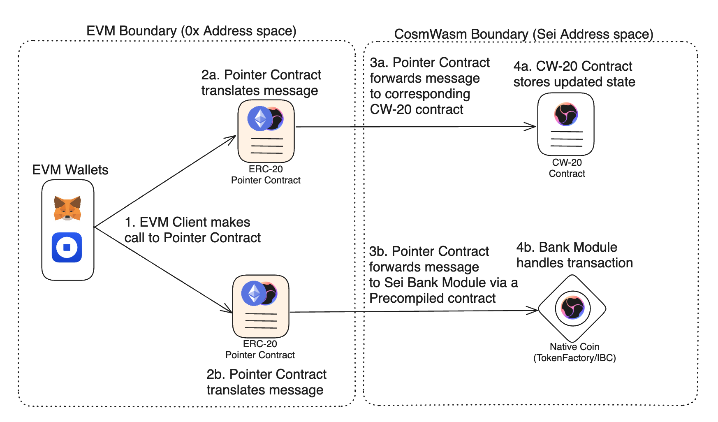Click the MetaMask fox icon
pyautogui.click(x=67, y=208)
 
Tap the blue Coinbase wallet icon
pyautogui.click(x=67, y=247)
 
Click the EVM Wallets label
pyautogui.click(x=70, y=170)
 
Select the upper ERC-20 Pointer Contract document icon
pyautogui.click(x=266, y=132)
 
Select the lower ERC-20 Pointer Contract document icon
pyautogui.click(x=261, y=306)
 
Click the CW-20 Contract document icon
pyautogui.click(x=566, y=124)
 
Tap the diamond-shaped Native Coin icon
pyautogui.click(x=572, y=308)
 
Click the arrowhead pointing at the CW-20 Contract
pyautogui.click(x=532, y=127)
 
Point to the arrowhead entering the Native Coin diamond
pyautogui.click(x=535, y=310)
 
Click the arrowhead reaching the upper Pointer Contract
pyautogui.click(x=232, y=138)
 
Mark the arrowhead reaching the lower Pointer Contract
pyautogui.click(x=229, y=310)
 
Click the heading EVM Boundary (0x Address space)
pyautogui.click(x=191, y=31)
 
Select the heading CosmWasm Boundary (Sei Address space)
pyautogui.click(x=523, y=34)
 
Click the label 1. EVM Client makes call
pyautogui.click(x=192, y=230)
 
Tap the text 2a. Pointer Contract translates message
pyautogui.click(x=261, y=82)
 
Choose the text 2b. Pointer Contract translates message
pyautogui.click(x=266, y=382)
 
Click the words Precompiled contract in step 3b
pyautogui.click(x=432, y=298)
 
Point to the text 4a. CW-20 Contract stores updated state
pyautogui.click(x=574, y=74)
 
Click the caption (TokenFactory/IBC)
pyautogui.click(x=574, y=358)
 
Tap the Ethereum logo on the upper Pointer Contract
pyautogui.click(x=260, y=119)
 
